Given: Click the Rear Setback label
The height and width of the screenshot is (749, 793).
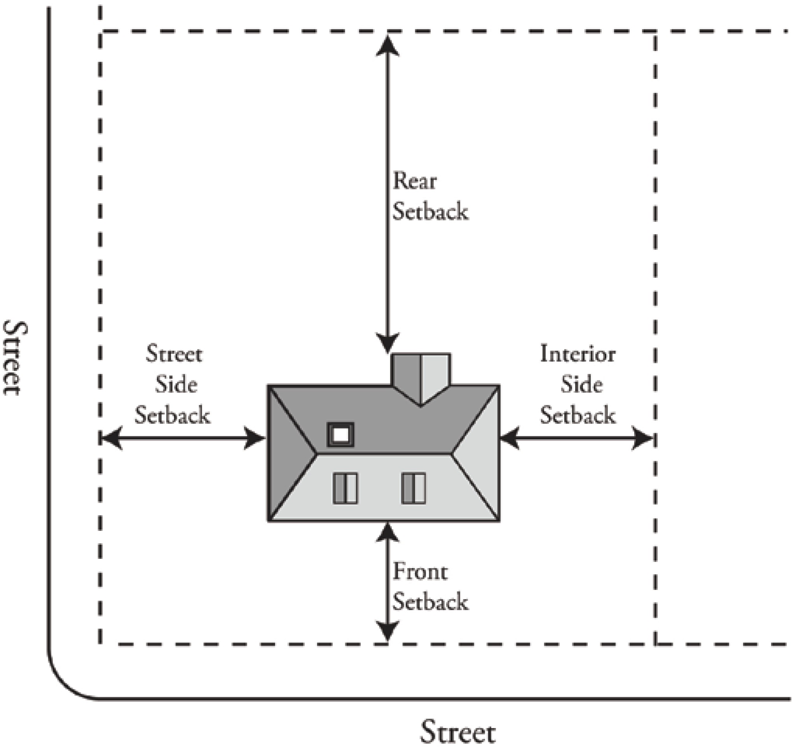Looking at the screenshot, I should (430, 196).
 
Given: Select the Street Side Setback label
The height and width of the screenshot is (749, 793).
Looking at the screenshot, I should (173, 385).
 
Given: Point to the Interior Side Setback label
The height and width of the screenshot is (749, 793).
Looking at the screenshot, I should (578, 385).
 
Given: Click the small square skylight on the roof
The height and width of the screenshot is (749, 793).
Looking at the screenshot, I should (341, 434).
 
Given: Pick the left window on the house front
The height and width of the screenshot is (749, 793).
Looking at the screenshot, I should (345, 488).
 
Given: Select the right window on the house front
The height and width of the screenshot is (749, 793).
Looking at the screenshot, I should (414, 488).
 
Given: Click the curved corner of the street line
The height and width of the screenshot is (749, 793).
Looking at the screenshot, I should (64, 683).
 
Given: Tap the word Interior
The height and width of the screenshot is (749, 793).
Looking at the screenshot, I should (578, 354).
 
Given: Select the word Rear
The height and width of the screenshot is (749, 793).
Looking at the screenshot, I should (415, 181).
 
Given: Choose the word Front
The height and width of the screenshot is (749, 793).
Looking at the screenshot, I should (420, 571).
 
